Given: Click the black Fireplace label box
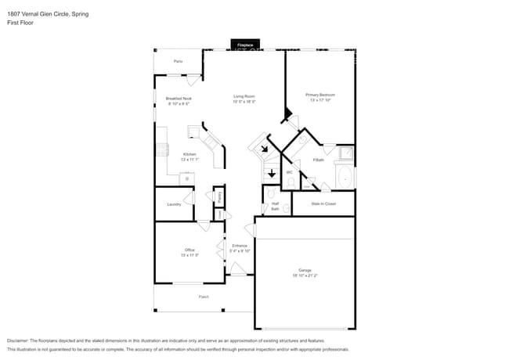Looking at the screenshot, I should (245, 45).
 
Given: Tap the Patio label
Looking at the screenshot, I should (178, 61).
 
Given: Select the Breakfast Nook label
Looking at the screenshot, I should (179, 100).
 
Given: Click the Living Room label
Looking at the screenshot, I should (244, 99).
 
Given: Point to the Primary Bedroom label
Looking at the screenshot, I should (320, 98).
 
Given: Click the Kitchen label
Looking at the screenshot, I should (190, 157).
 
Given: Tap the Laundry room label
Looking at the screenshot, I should (174, 204).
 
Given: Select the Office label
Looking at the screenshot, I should (190, 252).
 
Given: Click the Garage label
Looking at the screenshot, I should (305, 272).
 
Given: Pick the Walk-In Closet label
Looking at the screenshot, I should (323, 203).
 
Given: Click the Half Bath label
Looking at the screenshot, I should (275, 207).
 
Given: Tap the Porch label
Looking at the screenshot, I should (204, 297).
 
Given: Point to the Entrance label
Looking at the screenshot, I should (240, 248).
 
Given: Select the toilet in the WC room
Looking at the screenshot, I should (291, 183).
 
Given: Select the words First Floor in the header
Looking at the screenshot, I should (20, 23).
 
